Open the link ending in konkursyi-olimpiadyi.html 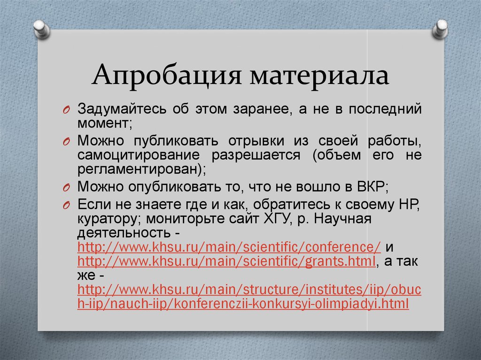(x=244, y=304)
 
